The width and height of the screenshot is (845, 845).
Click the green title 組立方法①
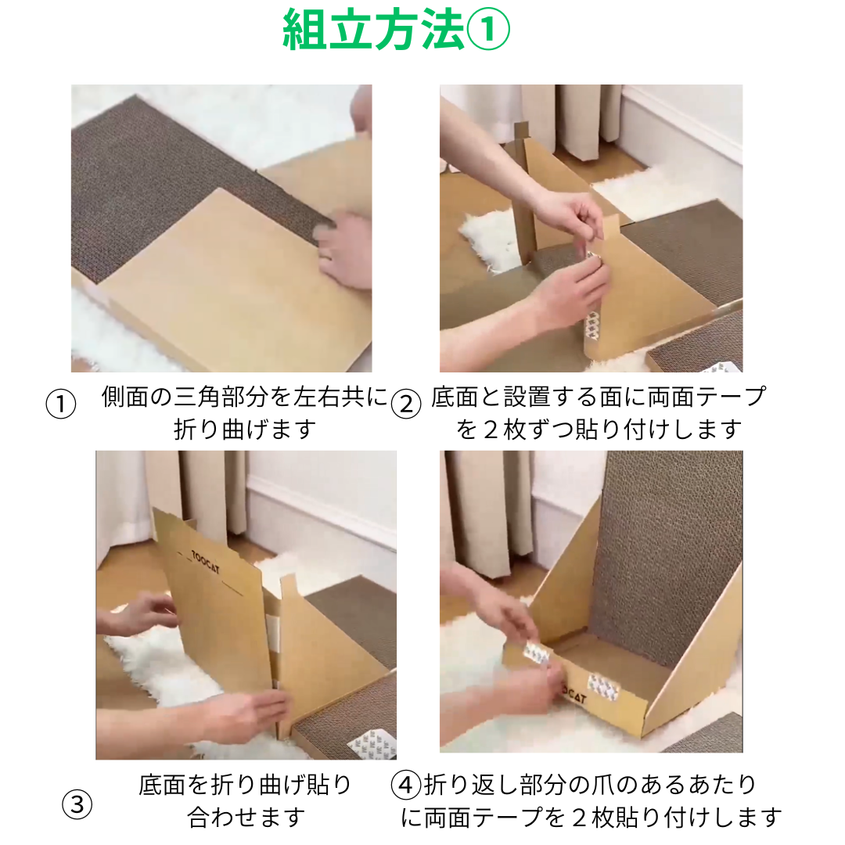[x=396, y=29]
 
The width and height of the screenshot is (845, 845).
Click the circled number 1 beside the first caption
[x=61, y=405]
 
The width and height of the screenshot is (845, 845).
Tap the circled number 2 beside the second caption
[x=406, y=405]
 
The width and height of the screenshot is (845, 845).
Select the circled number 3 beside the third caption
[x=77, y=804]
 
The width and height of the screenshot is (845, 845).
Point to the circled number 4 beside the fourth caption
[x=406, y=786]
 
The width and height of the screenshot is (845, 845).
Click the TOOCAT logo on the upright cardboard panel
[x=205, y=562]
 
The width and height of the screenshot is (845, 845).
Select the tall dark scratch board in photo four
[x=666, y=555]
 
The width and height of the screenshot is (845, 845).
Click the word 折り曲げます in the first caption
[x=245, y=430]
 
